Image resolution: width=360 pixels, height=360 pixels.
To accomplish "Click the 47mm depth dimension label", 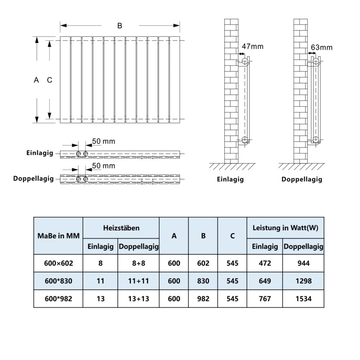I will pyautogui.click(x=252, y=46).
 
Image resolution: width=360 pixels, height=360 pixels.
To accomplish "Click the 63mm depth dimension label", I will pyautogui.click(x=321, y=47).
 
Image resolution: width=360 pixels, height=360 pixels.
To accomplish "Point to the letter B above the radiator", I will pyautogui.click(x=120, y=26).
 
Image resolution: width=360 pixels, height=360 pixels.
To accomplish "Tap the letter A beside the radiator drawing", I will pyautogui.click(x=36, y=80).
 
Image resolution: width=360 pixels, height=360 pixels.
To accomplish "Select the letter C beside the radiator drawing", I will pyautogui.click(x=50, y=80).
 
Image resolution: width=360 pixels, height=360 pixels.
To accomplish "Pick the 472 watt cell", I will pyautogui.click(x=265, y=263).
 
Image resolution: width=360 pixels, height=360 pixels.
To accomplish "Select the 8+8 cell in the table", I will pyautogui.click(x=138, y=263).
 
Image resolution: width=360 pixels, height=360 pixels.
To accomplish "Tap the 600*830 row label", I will pyautogui.click(x=58, y=281).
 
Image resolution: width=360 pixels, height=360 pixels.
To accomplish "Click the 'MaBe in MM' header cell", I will pyautogui.click(x=58, y=236).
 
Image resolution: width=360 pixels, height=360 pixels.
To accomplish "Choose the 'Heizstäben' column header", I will pyautogui.click(x=121, y=228).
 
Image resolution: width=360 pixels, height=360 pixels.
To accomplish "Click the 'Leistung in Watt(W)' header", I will pyautogui.click(x=285, y=228).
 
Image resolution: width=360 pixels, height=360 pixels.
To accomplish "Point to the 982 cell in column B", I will pyautogui.click(x=203, y=298).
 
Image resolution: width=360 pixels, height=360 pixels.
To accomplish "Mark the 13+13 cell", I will pyautogui.click(x=138, y=298).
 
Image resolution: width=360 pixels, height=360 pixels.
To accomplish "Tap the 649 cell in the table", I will pyautogui.click(x=265, y=281).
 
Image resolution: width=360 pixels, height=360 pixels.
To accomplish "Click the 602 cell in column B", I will pyautogui.click(x=203, y=263).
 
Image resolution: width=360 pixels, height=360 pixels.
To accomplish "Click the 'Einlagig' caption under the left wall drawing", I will pyautogui.click(x=230, y=179).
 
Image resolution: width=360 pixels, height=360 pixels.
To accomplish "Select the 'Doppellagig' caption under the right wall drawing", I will pyautogui.click(x=302, y=179).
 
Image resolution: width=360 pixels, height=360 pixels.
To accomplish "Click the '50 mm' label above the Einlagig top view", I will pyautogui.click(x=104, y=141).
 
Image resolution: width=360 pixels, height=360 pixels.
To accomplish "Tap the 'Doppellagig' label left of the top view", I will pyautogui.click(x=33, y=178).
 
